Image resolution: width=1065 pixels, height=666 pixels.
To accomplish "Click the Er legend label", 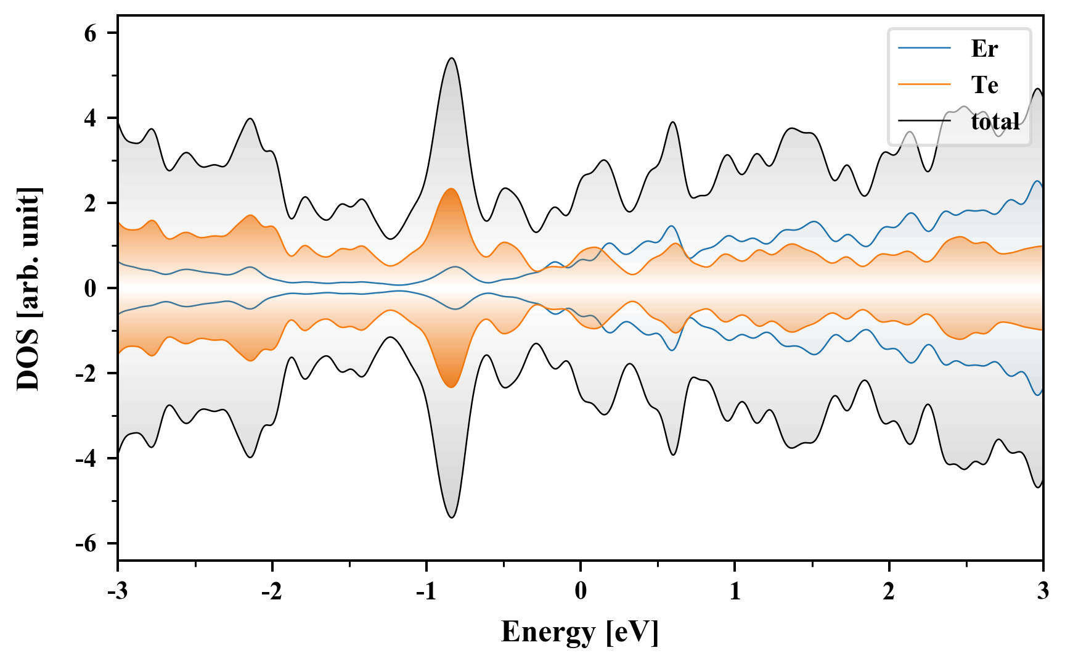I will (x=984, y=48).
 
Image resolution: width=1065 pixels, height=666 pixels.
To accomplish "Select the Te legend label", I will (x=984, y=84).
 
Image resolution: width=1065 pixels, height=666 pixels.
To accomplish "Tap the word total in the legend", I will (x=995, y=121).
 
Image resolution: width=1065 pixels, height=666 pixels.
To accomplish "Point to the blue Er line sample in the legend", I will (x=924, y=48).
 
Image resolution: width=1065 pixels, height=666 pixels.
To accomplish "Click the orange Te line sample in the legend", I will (x=924, y=84).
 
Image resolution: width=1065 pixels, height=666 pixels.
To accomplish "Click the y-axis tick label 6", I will (x=91, y=33).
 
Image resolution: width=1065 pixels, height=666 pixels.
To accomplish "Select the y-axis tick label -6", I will (x=87, y=544).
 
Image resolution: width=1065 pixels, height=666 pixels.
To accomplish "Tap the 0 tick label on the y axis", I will (x=91, y=289).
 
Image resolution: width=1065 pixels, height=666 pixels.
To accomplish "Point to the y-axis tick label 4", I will (x=91, y=118).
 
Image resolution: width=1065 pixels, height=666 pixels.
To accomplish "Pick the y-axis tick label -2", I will (x=87, y=374).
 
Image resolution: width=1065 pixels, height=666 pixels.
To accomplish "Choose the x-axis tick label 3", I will (x=1043, y=591).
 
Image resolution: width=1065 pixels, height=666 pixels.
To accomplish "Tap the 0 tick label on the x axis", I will (x=581, y=591).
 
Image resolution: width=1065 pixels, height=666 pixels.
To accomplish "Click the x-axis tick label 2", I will (x=889, y=591).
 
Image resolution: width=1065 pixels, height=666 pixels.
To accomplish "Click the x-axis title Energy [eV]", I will (x=580, y=632).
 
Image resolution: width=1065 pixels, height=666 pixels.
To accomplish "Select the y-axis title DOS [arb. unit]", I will (x=28, y=289).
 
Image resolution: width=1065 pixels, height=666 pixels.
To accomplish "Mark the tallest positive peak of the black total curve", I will (x=452, y=59).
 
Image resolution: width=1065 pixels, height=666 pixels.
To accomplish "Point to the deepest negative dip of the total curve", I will (x=452, y=517).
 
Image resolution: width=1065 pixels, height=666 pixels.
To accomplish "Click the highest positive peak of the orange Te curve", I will (x=451, y=189).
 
